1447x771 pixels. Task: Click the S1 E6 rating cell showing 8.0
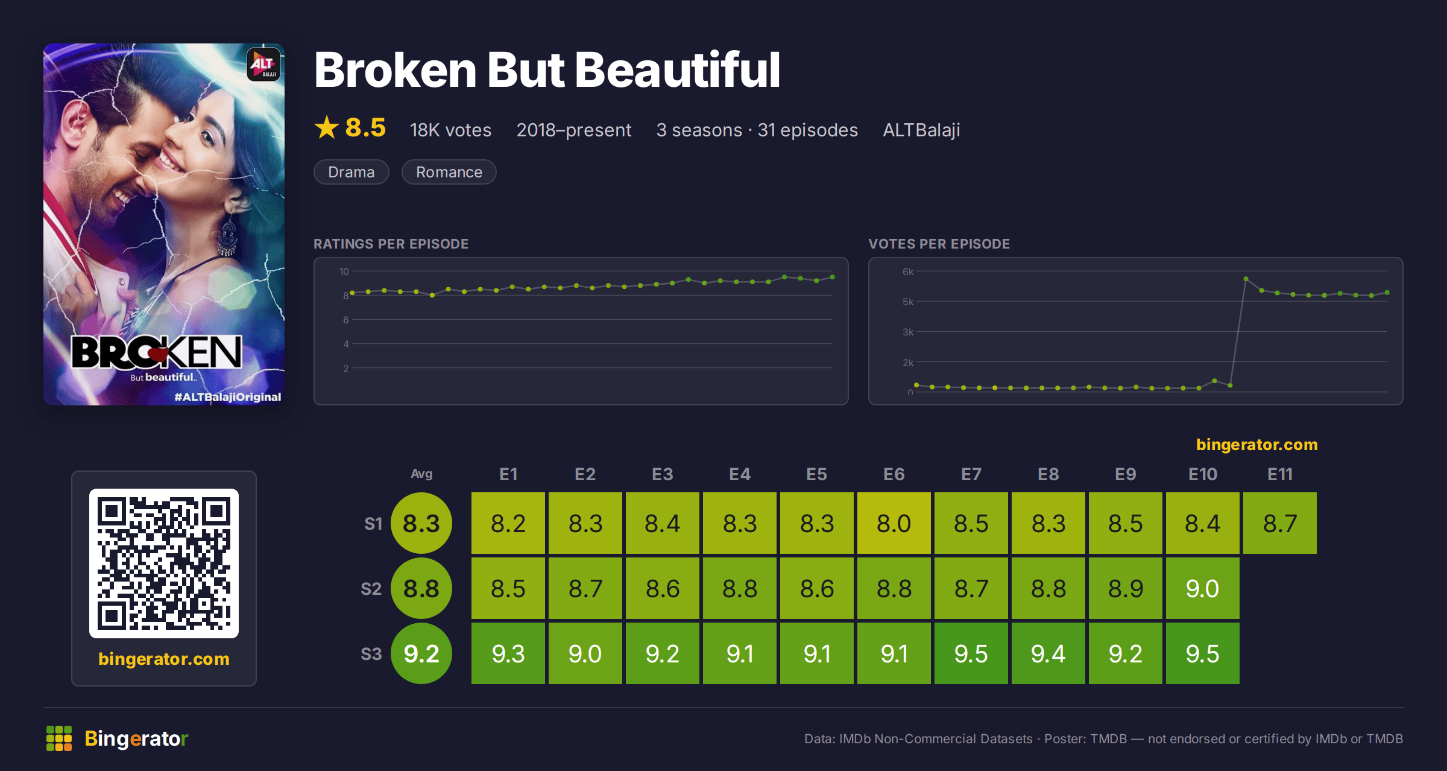(894, 523)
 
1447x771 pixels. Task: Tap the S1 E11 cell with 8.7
(1280, 523)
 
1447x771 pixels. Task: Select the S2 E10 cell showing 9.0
(1203, 588)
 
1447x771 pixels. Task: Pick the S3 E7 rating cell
(971, 653)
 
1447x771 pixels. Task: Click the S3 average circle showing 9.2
(421, 653)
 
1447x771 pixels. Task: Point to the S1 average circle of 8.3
(421, 523)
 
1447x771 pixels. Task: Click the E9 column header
(1126, 474)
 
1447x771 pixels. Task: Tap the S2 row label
(371, 589)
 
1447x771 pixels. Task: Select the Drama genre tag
(352, 172)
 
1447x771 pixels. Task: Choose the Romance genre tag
(449, 172)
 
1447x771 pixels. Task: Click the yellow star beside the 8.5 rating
(327, 127)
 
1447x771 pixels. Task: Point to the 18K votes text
(451, 130)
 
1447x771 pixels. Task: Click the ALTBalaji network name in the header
(922, 130)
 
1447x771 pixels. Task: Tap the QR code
(164, 563)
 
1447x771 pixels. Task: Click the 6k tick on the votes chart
(908, 271)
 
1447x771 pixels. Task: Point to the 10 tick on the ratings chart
(344, 271)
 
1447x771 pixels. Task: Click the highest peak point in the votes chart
(1246, 279)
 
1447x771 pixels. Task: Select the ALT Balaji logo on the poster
(264, 65)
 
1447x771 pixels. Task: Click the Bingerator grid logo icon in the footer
(59, 738)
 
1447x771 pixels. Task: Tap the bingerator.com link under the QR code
(164, 659)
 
